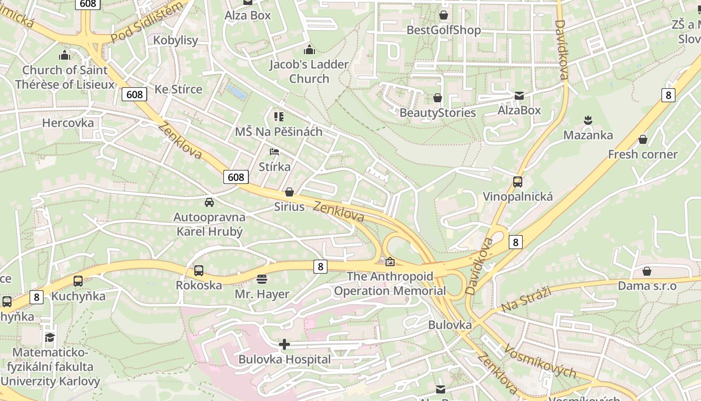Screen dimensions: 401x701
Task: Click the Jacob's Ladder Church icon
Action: pos(309,50)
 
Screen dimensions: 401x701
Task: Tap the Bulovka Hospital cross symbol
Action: pos(284,344)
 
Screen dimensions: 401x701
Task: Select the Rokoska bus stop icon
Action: pos(199,271)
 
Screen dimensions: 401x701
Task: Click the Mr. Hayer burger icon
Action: pos(262,279)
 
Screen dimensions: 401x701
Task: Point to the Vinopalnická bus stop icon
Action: pos(518,181)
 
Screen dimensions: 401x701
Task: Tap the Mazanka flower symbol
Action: pos(588,120)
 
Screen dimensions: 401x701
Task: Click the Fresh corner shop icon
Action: pos(642,139)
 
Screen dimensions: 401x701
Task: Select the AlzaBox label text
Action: pos(519,110)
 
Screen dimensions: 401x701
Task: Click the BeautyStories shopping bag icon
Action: pos(438,97)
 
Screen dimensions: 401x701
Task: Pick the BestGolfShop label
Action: pos(444,30)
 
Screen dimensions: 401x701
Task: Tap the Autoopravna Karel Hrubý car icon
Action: pos(209,202)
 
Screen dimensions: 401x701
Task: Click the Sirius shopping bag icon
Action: pos(289,191)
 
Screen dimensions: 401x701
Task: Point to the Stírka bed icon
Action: pos(274,151)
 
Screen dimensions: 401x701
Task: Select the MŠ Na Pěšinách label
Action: pos(279,132)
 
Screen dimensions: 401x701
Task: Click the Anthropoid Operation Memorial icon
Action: pos(390,261)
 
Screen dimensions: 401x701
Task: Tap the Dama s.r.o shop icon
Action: pos(647,271)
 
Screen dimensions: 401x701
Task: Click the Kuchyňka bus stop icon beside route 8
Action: pos(78,281)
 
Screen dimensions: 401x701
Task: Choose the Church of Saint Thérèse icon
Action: pos(65,55)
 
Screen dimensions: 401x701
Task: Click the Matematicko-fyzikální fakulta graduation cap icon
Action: pos(50,337)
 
